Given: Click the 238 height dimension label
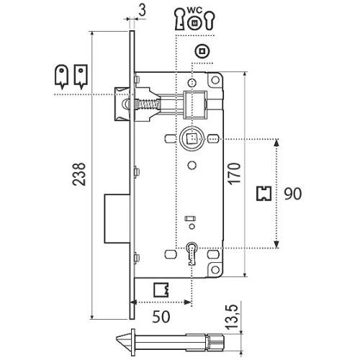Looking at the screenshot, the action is (x=79, y=174).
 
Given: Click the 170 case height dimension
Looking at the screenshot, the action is (x=234, y=174).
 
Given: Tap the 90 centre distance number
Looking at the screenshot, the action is (x=293, y=194).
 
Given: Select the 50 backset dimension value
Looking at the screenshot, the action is (x=161, y=317).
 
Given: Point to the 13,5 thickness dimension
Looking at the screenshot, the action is (x=231, y=317).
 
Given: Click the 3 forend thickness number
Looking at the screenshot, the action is (x=143, y=10).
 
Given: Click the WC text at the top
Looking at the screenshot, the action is (x=195, y=10).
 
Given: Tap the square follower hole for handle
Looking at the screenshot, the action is (x=192, y=138).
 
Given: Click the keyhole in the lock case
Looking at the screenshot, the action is (x=192, y=253).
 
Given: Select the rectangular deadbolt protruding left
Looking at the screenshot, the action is (x=117, y=218).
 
